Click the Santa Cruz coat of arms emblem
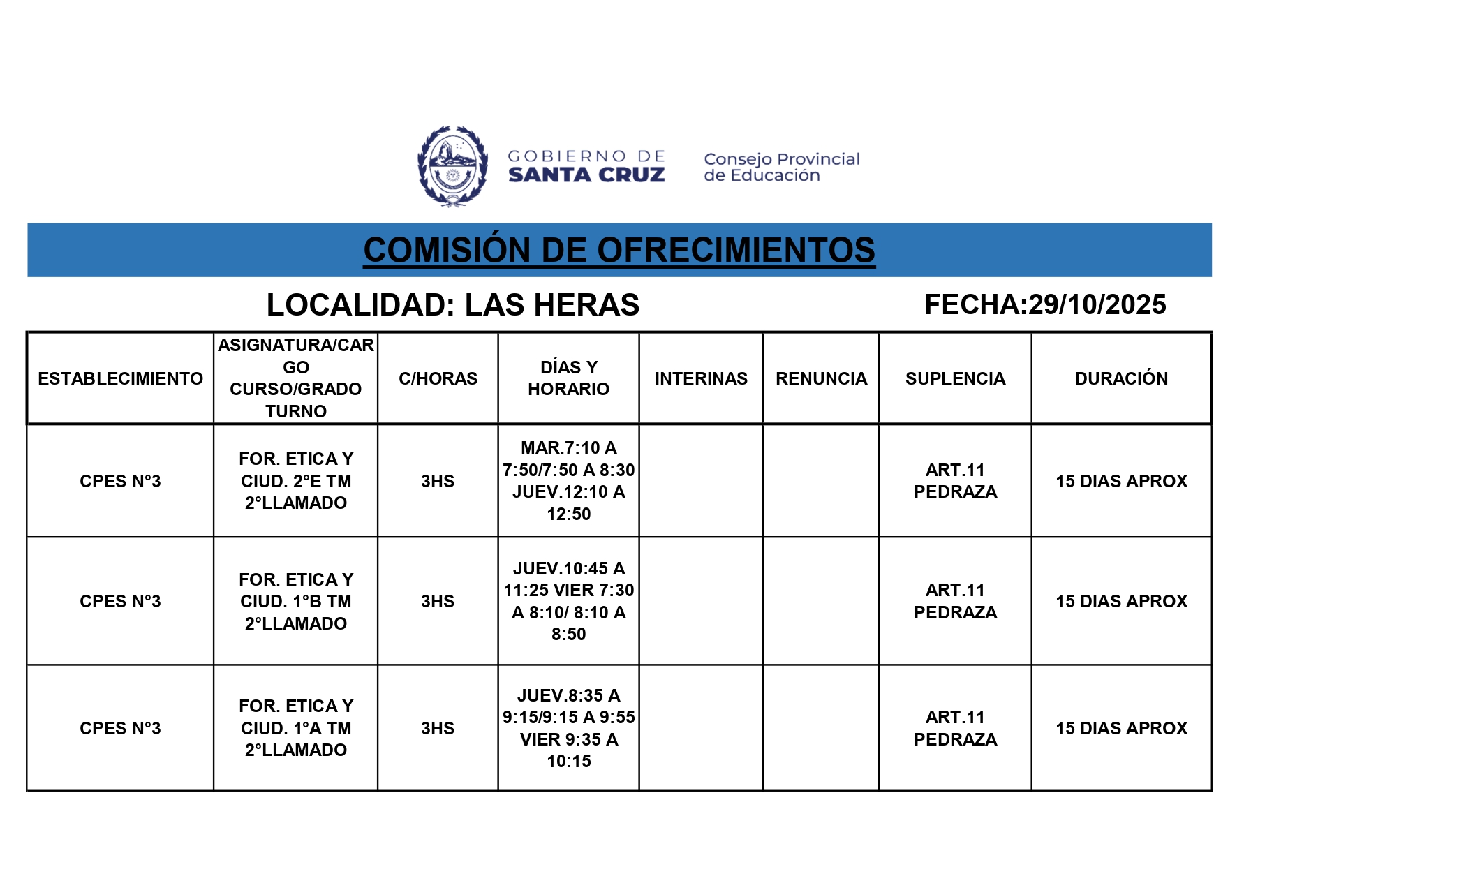[x=452, y=166]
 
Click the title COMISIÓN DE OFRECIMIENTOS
[x=619, y=250]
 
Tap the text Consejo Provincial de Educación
[x=781, y=168]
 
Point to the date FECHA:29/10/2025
[x=1044, y=304]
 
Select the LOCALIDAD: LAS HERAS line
[x=452, y=305]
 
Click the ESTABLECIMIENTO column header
[x=120, y=378]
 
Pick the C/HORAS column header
[x=438, y=378]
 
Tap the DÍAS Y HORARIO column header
[x=568, y=378]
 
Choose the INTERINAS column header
[x=701, y=378]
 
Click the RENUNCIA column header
[x=821, y=378]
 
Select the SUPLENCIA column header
[x=955, y=378]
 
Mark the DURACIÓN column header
[x=1121, y=378]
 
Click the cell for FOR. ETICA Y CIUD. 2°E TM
[x=296, y=481]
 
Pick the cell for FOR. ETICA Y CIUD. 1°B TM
[x=296, y=601]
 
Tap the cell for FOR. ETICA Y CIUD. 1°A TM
[x=296, y=728]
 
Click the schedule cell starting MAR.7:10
[x=568, y=481]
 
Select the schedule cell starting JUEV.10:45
[x=568, y=601]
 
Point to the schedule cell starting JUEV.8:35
[x=568, y=728]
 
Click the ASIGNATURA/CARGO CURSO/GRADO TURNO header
[x=296, y=378]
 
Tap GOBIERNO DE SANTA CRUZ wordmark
[x=586, y=166]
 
